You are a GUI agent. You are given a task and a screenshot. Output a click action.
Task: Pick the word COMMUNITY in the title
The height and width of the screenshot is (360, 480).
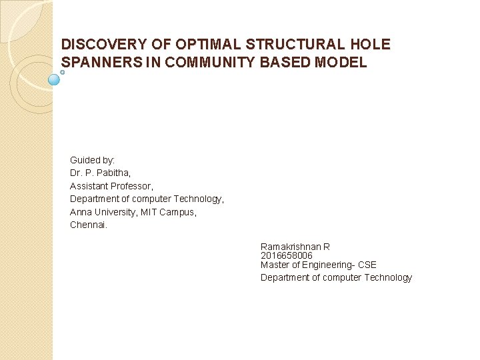coord(215,63)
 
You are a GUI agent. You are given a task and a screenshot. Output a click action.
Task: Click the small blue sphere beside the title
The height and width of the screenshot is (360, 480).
coord(55,79)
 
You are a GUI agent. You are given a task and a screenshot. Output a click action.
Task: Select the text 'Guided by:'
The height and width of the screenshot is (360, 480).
coord(93,160)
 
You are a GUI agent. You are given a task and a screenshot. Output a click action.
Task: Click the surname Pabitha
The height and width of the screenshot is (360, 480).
coord(116,173)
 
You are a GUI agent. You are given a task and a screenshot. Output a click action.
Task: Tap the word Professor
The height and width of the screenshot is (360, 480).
coord(133,186)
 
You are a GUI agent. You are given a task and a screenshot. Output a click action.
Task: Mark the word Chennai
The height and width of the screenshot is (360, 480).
coord(88,225)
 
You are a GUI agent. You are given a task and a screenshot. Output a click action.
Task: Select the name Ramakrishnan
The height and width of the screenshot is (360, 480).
coord(291,247)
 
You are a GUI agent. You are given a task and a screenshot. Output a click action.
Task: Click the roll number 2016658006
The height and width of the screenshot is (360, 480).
coord(287,255)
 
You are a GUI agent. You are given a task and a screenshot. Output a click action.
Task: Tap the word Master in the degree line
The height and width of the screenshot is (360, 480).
coord(274,265)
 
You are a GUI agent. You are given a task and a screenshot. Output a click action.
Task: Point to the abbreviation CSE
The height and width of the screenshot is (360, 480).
coord(367,265)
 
